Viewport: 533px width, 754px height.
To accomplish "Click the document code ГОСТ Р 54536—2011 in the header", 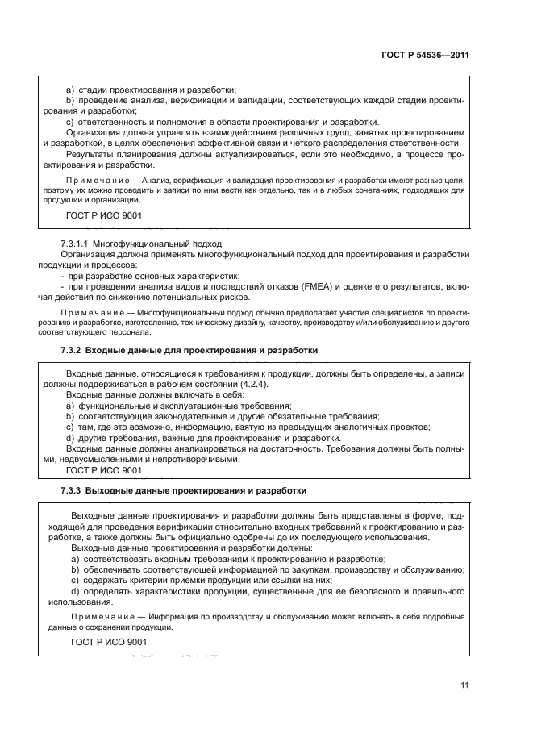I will pos(424,56).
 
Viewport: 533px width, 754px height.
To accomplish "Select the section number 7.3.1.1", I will pos(75,244).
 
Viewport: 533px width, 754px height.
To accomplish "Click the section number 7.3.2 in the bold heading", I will pos(73,351).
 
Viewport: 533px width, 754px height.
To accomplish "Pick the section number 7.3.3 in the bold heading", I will pos(73,490).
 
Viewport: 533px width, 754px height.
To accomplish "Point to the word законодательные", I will pos(176,416).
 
